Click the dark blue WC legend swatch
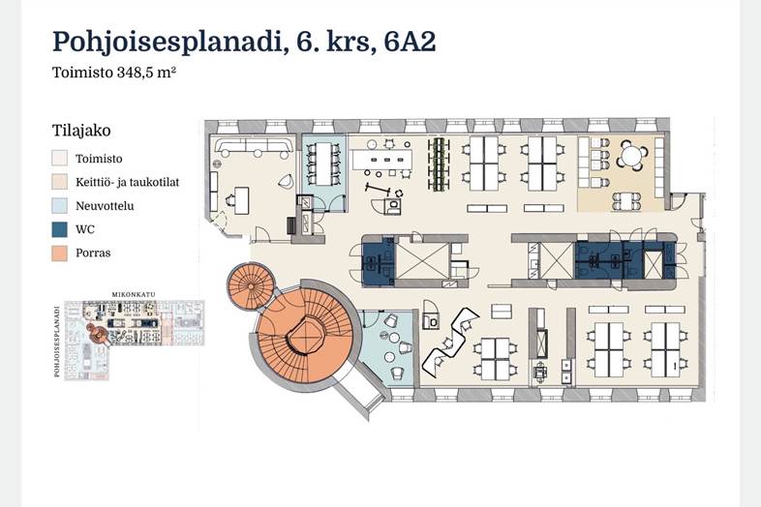coord(60,229)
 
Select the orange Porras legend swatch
coord(60,253)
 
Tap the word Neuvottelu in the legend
coord(105,206)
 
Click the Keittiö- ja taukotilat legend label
coord(127,183)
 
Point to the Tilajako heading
coord(81,131)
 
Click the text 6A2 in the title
coord(410,42)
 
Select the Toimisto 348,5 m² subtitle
coord(113,73)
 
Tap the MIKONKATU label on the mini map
coord(134,294)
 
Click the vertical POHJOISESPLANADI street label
coord(57,342)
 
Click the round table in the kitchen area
coord(630,156)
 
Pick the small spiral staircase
coord(251,286)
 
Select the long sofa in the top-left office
coord(255,146)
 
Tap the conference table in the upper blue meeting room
coord(323,164)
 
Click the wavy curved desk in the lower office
coord(450,343)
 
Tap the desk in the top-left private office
coord(241,200)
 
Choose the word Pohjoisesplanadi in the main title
coord(167,42)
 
